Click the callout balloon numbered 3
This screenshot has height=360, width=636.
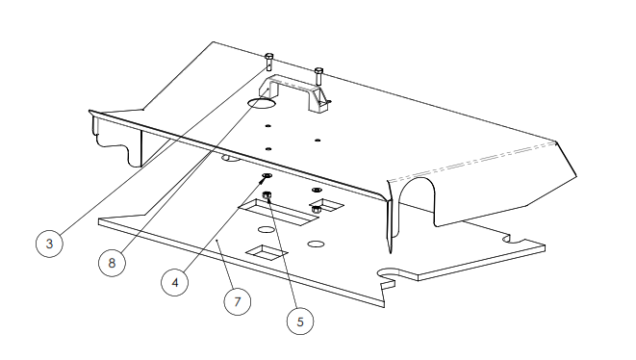49,244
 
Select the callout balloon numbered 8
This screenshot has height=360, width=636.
112,263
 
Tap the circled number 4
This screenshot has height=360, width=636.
175,282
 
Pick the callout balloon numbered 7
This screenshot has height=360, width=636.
238,302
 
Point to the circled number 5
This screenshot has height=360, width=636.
300,321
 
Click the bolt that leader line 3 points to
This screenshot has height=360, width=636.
268,62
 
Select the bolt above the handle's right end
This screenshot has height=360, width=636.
318,76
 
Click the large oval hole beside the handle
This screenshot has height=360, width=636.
262,103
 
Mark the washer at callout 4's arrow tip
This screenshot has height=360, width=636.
267,176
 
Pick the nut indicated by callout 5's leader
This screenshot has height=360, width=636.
267,195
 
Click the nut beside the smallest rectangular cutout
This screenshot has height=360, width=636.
317,210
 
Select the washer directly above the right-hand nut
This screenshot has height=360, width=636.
317,190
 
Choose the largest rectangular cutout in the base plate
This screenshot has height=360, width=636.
278,212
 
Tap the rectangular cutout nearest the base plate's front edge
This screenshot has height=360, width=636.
267,252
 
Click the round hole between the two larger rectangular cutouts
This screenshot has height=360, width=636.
267,230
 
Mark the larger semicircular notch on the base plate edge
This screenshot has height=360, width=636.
388,274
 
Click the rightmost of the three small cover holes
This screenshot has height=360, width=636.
318,141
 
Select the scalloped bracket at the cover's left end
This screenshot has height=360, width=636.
115,140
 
